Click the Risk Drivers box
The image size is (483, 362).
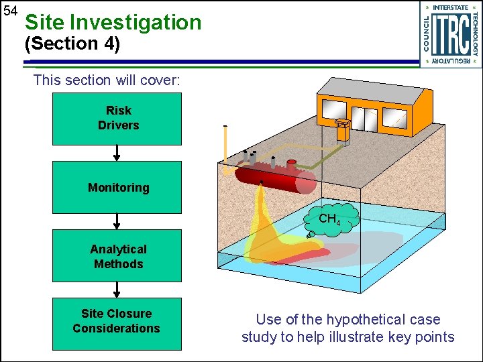pyautogui.click(x=117, y=119)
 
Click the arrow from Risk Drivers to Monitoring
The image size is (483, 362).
pyautogui.click(x=117, y=153)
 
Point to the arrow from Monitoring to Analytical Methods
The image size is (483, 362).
pyautogui.click(x=117, y=221)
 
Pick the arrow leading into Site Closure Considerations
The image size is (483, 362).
pyautogui.click(x=117, y=290)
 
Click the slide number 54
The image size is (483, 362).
pyautogui.click(x=9, y=11)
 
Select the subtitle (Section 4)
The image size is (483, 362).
pyautogui.click(x=72, y=44)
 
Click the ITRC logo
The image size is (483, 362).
pyautogui.click(x=450, y=34)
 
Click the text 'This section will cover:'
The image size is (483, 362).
pyautogui.click(x=106, y=80)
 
